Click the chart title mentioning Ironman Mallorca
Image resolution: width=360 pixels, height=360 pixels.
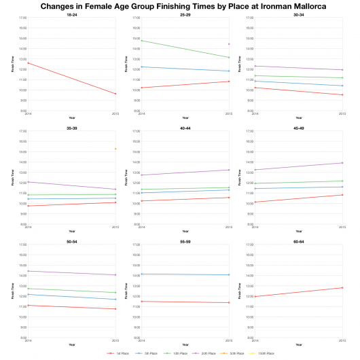click(179, 5)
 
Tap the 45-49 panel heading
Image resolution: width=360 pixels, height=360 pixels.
click(298, 127)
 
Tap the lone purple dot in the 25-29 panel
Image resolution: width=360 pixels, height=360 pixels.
click(229, 44)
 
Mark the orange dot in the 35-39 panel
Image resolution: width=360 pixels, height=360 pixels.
click(115, 149)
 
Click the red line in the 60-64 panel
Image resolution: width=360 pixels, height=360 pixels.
click(298, 292)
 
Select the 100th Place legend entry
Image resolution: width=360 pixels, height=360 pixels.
click(264, 354)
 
